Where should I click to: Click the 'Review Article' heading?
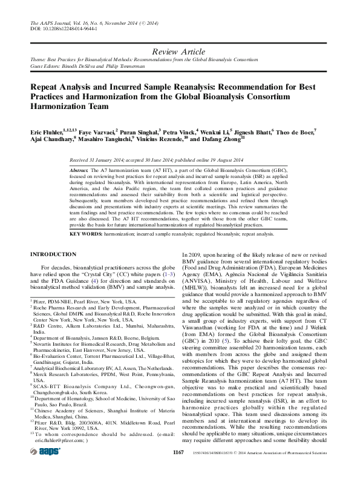pos(180,52)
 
